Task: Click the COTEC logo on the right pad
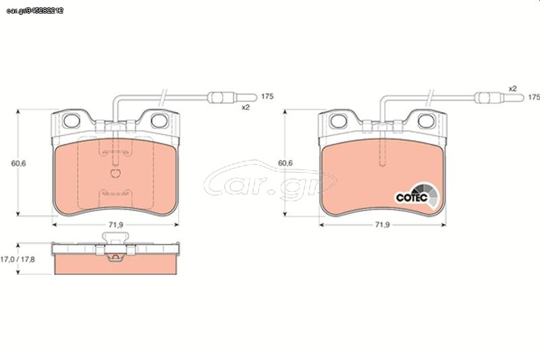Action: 417,197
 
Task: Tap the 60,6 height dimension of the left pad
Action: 19,163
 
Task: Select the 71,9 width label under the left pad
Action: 115,225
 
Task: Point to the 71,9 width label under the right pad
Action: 382,225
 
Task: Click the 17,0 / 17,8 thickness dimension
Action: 18,259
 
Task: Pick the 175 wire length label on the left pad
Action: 267,97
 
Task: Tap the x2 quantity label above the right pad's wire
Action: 513,88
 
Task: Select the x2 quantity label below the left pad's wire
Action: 245,107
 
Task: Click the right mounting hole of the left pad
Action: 159,121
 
